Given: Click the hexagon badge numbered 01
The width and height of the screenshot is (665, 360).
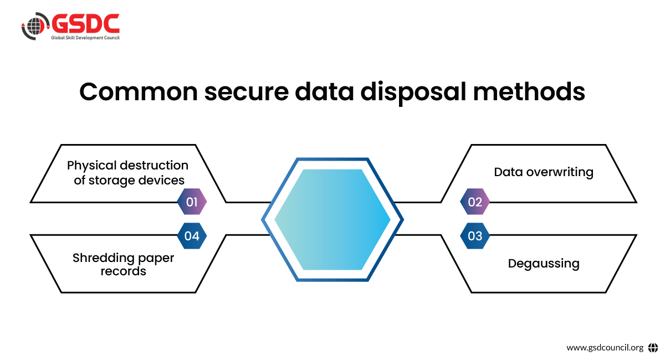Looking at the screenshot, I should tap(192, 202).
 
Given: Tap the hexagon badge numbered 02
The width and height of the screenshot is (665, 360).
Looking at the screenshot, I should tap(475, 202).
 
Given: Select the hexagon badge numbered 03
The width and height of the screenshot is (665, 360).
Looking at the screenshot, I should tap(475, 236).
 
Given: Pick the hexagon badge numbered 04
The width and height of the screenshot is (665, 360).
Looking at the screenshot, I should tap(192, 236).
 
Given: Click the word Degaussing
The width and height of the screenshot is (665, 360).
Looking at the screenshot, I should tap(544, 263).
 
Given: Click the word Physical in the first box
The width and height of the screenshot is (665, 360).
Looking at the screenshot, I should tap(91, 165).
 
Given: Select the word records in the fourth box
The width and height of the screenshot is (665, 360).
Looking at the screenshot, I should tap(123, 271).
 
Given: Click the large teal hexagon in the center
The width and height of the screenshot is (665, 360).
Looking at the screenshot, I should tap(332, 219).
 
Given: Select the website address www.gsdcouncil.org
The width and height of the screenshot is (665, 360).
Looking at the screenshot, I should tap(605, 348).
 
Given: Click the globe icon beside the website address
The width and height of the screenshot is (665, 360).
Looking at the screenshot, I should tap(652, 348).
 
